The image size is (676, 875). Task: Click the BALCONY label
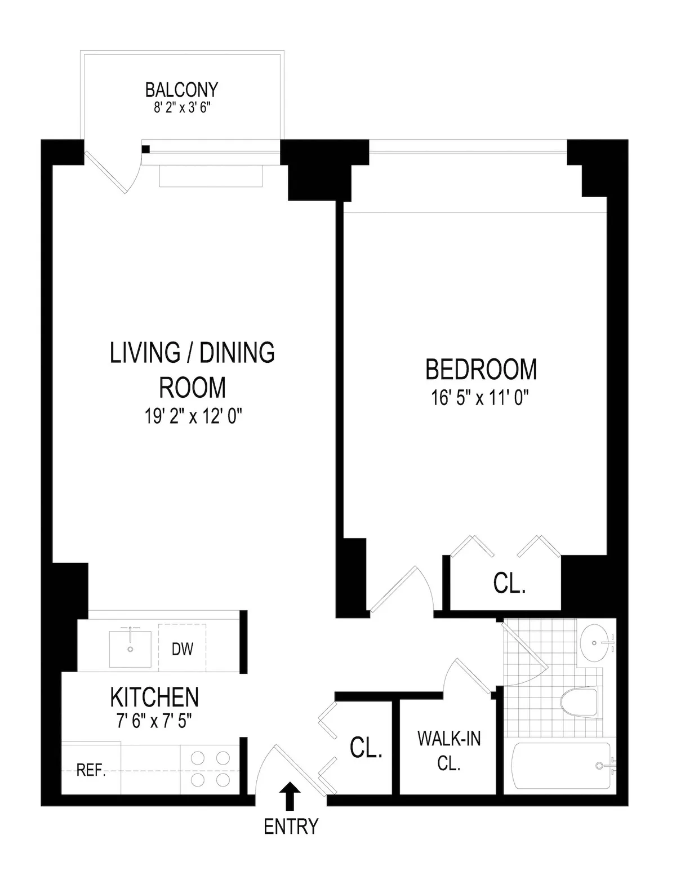(x=181, y=90)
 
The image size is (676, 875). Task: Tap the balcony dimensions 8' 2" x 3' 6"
(x=181, y=107)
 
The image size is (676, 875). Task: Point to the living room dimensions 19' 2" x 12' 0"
(x=192, y=417)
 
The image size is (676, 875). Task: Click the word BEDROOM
(x=481, y=370)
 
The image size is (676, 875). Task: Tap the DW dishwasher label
(x=182, y=649)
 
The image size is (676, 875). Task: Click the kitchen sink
(x=130, y=649)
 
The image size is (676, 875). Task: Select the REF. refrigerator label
(x=91, y=771)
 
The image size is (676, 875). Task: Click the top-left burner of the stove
(x=198, y=758)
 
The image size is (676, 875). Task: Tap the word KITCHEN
(x=154, y=698)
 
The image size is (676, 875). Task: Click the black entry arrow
(x=291, y=795)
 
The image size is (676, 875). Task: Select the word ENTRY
(x=291, y=827)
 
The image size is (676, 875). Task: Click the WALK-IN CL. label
(x=449, y=751)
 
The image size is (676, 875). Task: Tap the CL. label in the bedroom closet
(x=509, y=584)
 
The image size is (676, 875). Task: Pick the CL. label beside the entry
(x=366, y=748)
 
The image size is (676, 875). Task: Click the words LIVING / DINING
(x=192, y=353)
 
